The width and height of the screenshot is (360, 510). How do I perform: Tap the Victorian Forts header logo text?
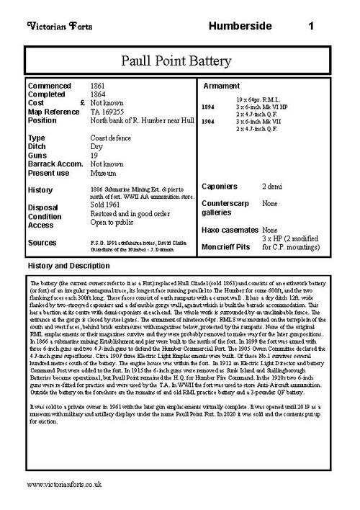pyautogui.click(x=57, y=27)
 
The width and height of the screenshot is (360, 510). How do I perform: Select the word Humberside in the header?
pyautogui.click(x=240, y=27)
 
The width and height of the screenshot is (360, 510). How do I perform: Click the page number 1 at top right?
pyautogui.click(x=310, y=27)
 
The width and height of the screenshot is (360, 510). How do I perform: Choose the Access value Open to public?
pyautogui.click(x=115, y=224)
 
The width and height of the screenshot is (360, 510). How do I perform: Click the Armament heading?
pyautogui.click(x=225, y=86)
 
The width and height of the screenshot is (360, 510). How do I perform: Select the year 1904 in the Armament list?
pyautogui.click(x=207, y=122)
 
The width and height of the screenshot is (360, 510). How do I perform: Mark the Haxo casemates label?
pyautogui.click(x=230, y=231)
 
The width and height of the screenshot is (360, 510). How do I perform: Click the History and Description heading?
pyautogui.click(x=67, y=266)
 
